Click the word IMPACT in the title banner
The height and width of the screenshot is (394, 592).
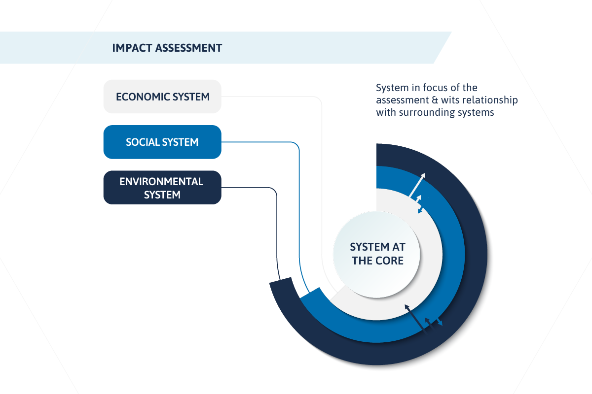pos(132,48)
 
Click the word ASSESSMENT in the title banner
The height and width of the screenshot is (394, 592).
pos(188,48)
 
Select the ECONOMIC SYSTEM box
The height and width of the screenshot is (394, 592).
pos(162,97)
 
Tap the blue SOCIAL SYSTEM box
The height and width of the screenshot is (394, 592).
pos(162,142)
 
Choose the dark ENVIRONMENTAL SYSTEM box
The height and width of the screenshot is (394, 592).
pos(162,187)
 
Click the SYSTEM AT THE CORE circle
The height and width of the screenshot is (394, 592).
pos(376,255)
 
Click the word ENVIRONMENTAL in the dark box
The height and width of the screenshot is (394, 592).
pos(161,182)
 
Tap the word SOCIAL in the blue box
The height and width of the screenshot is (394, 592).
pos(143,142)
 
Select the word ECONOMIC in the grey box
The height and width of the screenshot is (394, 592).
pos(143,97)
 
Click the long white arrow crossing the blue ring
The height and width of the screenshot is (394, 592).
pos(417,185)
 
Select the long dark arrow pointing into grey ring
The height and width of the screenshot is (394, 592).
pos(415,318)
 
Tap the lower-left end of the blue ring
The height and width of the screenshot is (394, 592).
pos(310,293)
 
